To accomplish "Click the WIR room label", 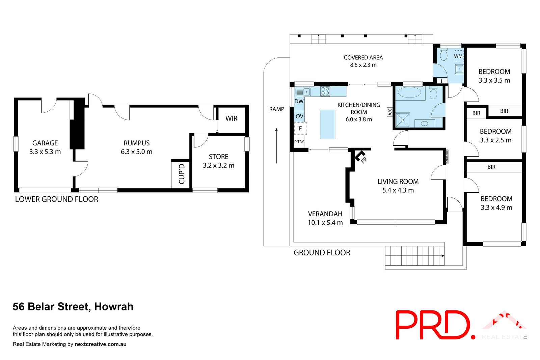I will point(231,118).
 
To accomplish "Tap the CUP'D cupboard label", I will point(182,174).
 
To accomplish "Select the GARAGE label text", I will point(45,143).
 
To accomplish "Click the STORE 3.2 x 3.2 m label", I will point(218,161).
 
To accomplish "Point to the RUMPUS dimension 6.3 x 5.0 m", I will point(136,152).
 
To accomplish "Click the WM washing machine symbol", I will point(458,56).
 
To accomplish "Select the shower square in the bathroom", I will point(402,120).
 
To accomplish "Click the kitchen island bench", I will point(327,124).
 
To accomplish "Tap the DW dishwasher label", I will point(299,101).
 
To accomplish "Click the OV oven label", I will point(299,116).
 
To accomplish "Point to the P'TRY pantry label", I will point(299,142).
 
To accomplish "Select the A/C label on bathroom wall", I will point(390,112).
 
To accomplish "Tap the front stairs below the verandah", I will point(414,256).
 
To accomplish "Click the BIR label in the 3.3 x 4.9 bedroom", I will point(491,167).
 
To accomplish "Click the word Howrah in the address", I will point(114,307).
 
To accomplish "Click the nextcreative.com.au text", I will point(101,344).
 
